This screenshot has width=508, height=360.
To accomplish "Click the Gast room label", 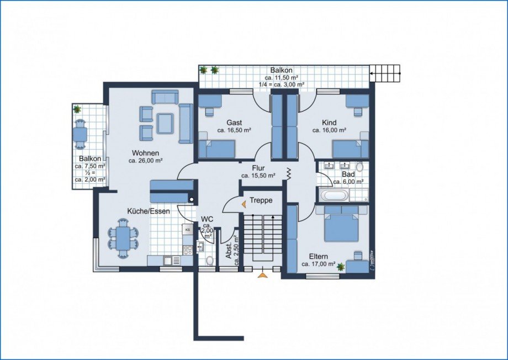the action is tap(234, 123).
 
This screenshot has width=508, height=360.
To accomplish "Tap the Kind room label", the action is tap(329, 123).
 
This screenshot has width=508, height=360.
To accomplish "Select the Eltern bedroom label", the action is tap(318, 256).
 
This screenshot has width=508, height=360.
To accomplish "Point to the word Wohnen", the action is tap(145, 153).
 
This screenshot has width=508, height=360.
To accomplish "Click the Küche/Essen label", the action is tap(149, 211).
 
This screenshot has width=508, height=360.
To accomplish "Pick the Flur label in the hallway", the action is tap(258, 168).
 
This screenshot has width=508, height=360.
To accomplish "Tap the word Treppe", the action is tap(261, 200).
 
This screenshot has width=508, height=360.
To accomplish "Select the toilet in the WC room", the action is tap(210, 260).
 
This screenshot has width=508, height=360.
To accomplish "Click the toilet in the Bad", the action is tap(359, 167).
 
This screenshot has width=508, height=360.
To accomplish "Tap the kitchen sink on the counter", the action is tap(168, 260).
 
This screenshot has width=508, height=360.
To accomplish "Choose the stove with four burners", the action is tap(188, 249).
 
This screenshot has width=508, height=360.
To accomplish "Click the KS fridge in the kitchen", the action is tap(188, 229).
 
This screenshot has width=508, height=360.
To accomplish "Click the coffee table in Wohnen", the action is tap(165, 123).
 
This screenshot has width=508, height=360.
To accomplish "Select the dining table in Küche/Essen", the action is tap(123, 238).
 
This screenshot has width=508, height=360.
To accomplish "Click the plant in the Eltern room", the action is tap(341, 267).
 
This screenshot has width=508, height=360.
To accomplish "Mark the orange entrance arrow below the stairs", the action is tap(262, 275).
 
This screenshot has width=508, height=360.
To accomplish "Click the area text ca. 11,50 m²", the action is tap(281, 77).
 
